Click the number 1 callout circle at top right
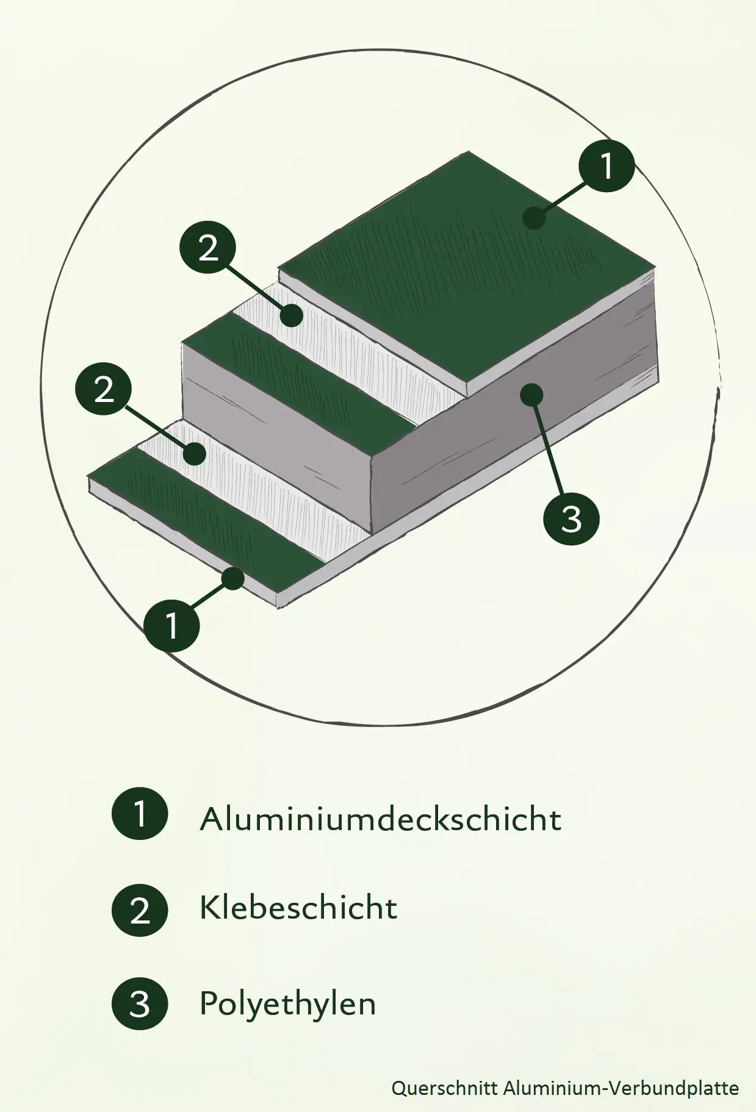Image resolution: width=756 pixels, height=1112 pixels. [x=607, y=165]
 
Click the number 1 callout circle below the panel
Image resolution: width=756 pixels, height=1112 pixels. [x=171, y=625]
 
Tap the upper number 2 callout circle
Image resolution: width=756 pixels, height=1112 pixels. [x=208, y=248]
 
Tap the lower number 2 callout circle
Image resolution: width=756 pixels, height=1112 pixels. [x=104, y=389]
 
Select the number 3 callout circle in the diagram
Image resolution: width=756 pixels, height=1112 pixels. [x=571, y=519]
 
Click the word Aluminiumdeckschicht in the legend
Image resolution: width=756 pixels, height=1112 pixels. [x=380, y=819]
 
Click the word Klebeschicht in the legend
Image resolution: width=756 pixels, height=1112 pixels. [x=298, y=908]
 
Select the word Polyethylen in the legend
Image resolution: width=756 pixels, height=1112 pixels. [x=287, y=1003]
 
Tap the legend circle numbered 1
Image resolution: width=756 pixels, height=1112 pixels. [x=140, y=814]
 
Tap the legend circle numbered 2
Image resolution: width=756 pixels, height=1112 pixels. [x=140, y=909]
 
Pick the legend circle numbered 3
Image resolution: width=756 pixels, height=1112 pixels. [x=140, y=1003]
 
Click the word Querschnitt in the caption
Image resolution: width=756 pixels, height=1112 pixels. [x=445, y=1088]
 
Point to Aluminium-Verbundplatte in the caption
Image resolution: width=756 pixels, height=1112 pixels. [x=621, y=1088]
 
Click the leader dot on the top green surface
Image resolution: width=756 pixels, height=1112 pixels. [x=535, y=218]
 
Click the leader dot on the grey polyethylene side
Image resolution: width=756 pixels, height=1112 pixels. [x=531, y=394]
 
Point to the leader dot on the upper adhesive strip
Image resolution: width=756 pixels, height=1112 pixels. [x=292, y=315]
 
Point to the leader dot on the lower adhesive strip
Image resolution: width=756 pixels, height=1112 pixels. [x=195, y=454]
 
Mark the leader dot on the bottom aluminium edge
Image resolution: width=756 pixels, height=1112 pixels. [x=233, y=578]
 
